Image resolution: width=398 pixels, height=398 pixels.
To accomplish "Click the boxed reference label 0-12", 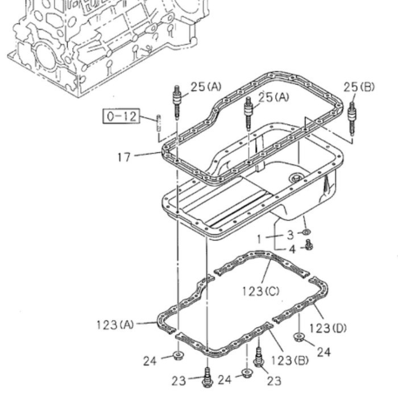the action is click(x=121, y=116).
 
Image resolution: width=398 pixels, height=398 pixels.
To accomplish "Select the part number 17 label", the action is click(x=124, y=157).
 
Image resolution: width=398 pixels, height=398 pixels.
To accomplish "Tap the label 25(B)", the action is click(x=359, y=87).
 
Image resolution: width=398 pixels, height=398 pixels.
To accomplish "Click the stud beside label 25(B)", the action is click(x=352, y=118).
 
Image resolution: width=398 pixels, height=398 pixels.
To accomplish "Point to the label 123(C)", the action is click(x=260, y=291).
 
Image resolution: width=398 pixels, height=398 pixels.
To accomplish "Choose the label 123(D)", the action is click(x=327, y=329).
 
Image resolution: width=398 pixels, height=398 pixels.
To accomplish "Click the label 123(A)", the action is click(x=115, y=325).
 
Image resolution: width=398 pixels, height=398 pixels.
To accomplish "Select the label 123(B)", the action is click(x=289, y=360).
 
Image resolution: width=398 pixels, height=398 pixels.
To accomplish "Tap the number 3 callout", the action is click(x=290, y=235).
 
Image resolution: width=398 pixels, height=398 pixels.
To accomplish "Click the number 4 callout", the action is click(x=293, y=249).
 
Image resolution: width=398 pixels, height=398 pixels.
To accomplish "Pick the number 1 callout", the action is click(x=259, y=239).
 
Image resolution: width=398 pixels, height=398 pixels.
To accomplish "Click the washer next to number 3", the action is click(x=306, y=232).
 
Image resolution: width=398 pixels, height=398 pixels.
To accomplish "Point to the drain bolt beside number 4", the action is click(x=309, y=244).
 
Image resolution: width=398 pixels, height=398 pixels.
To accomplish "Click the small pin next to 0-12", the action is click(x=159, y=123).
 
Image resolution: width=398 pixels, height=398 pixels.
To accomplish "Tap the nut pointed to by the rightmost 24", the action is click(x=300, y=337).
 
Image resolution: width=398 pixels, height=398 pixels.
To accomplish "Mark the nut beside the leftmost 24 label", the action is click(x=179, y=355).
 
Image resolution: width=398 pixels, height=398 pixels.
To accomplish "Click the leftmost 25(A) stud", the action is click(x=177, y=102).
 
